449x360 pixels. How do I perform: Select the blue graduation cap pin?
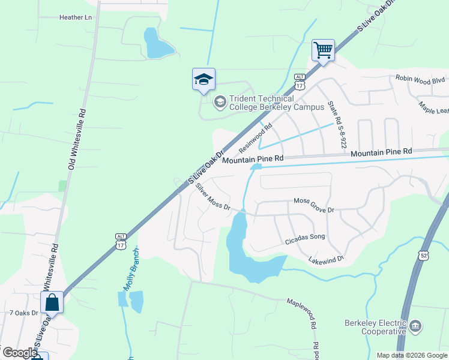click(x=203, y=79)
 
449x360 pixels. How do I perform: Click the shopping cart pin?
click(x=323, y=51)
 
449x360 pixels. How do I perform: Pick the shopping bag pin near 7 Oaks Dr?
click(x=52, y=303)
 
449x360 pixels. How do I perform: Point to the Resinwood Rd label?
click(x=255, y=137)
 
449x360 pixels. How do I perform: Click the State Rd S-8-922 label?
click(x=337, y=125)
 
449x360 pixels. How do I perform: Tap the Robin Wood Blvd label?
click(x=420, y=79)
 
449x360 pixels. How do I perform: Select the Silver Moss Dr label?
click(x=213, y=197)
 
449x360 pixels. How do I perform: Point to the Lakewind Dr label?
click(x=325, y=259)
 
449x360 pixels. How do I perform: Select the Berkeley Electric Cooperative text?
click(x=375, y=327)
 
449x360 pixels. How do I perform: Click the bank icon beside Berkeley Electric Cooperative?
click(x=415, y=327)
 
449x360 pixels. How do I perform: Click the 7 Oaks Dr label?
click(x=24, y=313)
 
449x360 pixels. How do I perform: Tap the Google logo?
click(x=19, y=353)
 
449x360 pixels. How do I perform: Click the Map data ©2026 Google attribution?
click(x=412, y=355)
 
